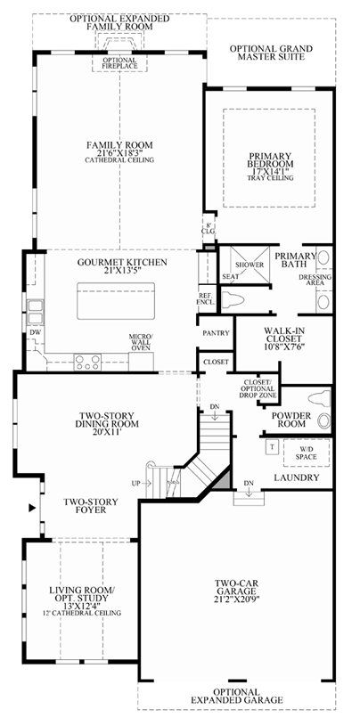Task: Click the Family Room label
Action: tap(119, 145)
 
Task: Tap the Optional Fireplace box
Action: tap(119, 62)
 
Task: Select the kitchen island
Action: tap(116, 301)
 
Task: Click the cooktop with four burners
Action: tap(87, 362)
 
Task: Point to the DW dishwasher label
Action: tap(35, 332)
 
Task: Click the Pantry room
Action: tap(217, 332)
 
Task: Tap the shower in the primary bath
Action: tap(250, 265)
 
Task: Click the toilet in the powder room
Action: tap(321, 399)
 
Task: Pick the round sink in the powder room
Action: tap(324, 421)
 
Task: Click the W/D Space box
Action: tap(307, 453)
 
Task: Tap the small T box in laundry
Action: tap(271, 447)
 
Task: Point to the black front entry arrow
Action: tap(32, 508)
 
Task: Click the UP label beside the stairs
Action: tap(136, 483)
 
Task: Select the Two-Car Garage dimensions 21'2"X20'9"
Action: tap(236, 599)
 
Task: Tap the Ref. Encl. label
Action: tap(206, 299)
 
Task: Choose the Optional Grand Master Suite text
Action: tap(271, 53)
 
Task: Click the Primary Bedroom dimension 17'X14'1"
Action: tap(269, 171)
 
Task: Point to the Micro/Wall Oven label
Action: tap(141, 342)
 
